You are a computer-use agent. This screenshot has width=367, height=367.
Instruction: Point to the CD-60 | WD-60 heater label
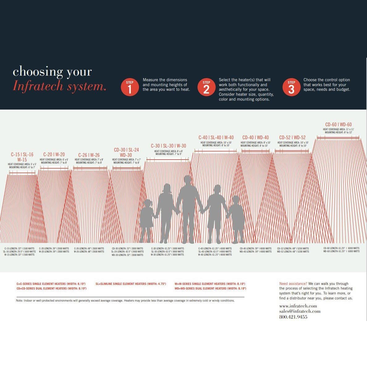338,125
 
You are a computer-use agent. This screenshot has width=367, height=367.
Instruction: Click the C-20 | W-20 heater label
54,155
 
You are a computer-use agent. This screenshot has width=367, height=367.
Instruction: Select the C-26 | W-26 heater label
89,155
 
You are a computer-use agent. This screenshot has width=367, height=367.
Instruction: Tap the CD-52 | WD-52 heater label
292,138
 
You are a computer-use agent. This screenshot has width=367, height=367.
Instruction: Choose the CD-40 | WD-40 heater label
255,138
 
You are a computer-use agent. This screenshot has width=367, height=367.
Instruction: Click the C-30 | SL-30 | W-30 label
169,146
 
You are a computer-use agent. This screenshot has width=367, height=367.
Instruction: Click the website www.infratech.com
298,306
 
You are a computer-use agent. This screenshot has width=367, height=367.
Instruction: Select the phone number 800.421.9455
293,317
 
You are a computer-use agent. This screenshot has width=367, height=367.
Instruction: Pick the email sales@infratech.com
300,311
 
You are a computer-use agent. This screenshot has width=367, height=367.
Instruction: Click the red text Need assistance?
293,284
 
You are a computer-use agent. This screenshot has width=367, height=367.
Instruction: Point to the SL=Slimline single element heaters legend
131,284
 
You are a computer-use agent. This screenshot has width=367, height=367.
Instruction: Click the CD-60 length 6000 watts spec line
341,248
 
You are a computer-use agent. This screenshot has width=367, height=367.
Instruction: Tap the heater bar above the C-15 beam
22,173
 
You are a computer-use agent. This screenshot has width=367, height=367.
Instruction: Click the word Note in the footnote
19,301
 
